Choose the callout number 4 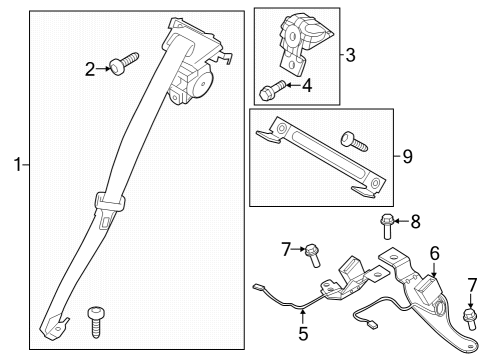click(306, 86)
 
